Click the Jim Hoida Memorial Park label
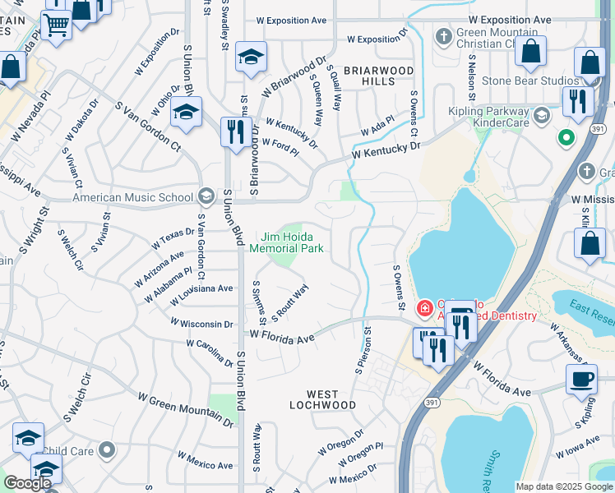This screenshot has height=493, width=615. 286,242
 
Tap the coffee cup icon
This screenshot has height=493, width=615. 581,379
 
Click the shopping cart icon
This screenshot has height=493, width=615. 56,24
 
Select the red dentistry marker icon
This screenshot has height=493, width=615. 424,309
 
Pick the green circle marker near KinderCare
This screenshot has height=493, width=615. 565,137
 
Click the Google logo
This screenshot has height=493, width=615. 27,482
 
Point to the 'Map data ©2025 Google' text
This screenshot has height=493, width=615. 564,486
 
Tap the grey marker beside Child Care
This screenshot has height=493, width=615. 106,449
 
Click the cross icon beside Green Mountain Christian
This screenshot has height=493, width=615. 443,37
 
